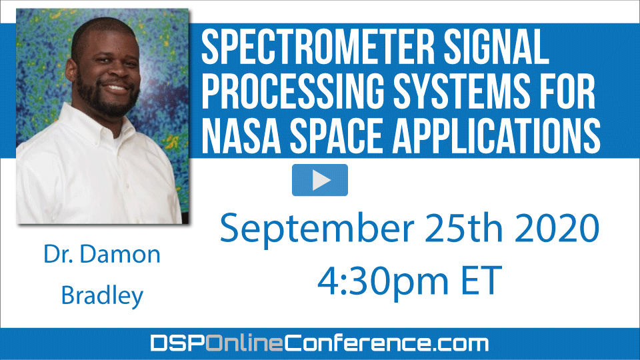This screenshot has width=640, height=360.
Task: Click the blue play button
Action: [x=320, y=180]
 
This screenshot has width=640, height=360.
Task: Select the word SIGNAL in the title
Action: [x=496, y=47]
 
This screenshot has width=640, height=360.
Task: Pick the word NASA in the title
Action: [x=241, y=135]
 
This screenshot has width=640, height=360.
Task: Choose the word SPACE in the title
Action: [x=336, y=135]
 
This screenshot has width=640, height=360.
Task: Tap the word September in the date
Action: [x=317, y=229]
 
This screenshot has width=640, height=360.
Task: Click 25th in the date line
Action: [x=464, y=228]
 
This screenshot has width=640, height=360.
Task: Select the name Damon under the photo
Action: [x=120, y=254]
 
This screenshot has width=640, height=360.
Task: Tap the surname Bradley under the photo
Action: [x=102, y=295]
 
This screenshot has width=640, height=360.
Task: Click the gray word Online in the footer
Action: [x=244, y=343]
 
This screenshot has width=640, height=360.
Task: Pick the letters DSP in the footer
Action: [x=177, y=343]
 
